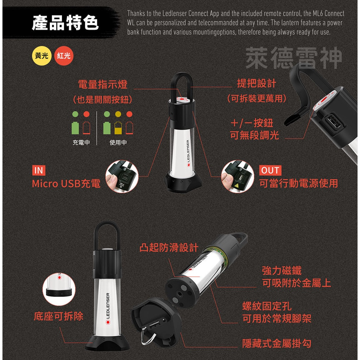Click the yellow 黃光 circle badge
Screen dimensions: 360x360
click(42, 56)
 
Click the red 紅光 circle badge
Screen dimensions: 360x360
click(64, 56)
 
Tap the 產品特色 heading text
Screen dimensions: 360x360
click(65, 23)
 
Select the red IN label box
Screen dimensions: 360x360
click(38, 171)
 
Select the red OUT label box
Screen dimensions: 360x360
click(270, 171)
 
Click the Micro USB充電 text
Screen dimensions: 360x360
click(66, 184)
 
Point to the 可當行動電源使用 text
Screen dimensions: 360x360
click(298, 183)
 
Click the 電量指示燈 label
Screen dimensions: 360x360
click(103, 84)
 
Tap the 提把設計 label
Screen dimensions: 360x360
click(257, 83)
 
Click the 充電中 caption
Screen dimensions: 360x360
click(81, 142)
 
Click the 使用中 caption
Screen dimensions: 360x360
click(118, 142)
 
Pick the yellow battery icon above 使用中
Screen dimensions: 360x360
click(118, 128)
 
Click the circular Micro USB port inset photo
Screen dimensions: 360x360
click(122, 176)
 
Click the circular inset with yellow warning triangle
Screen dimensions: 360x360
click(237, 176)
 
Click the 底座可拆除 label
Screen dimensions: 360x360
click(59, 316)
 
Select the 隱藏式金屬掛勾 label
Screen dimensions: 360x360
click(277, 343)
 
